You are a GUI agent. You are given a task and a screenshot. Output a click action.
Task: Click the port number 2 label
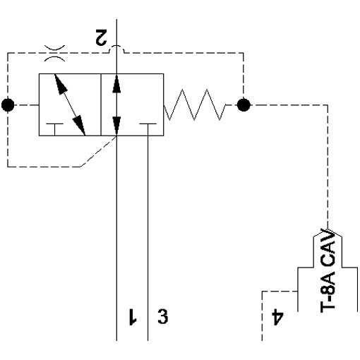tap(102, 37)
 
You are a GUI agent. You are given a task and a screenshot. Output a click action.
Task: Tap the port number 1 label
tap(133, 316)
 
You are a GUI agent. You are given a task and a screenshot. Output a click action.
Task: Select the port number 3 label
tap(163, 316)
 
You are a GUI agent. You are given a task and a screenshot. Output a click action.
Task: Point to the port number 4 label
tap(277, 318)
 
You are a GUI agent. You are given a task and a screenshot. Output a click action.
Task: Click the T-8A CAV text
tap(328, 270)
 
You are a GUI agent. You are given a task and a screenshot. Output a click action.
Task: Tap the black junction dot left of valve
tap(8, 105)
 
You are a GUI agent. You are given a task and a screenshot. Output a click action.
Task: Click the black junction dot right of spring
tap(244, 105)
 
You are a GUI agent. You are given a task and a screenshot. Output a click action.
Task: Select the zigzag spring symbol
tap(195, 104)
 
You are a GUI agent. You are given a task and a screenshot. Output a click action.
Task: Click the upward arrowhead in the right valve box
tap(116, 83)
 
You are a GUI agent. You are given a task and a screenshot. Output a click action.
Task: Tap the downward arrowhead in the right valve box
tap(116, 126)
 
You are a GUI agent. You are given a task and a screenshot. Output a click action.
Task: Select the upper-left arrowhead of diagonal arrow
tap(60, 84)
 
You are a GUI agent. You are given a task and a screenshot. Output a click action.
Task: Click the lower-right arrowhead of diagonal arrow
tap(79, 126)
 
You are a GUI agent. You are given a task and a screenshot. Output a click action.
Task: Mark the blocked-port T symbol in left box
tap(54, 129)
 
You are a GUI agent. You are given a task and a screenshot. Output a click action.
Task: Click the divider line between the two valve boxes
tap(101, 104)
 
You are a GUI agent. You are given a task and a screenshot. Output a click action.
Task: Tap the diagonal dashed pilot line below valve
tap(98, 151)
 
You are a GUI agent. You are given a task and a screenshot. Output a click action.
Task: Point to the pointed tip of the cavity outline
tap(328, 229)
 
